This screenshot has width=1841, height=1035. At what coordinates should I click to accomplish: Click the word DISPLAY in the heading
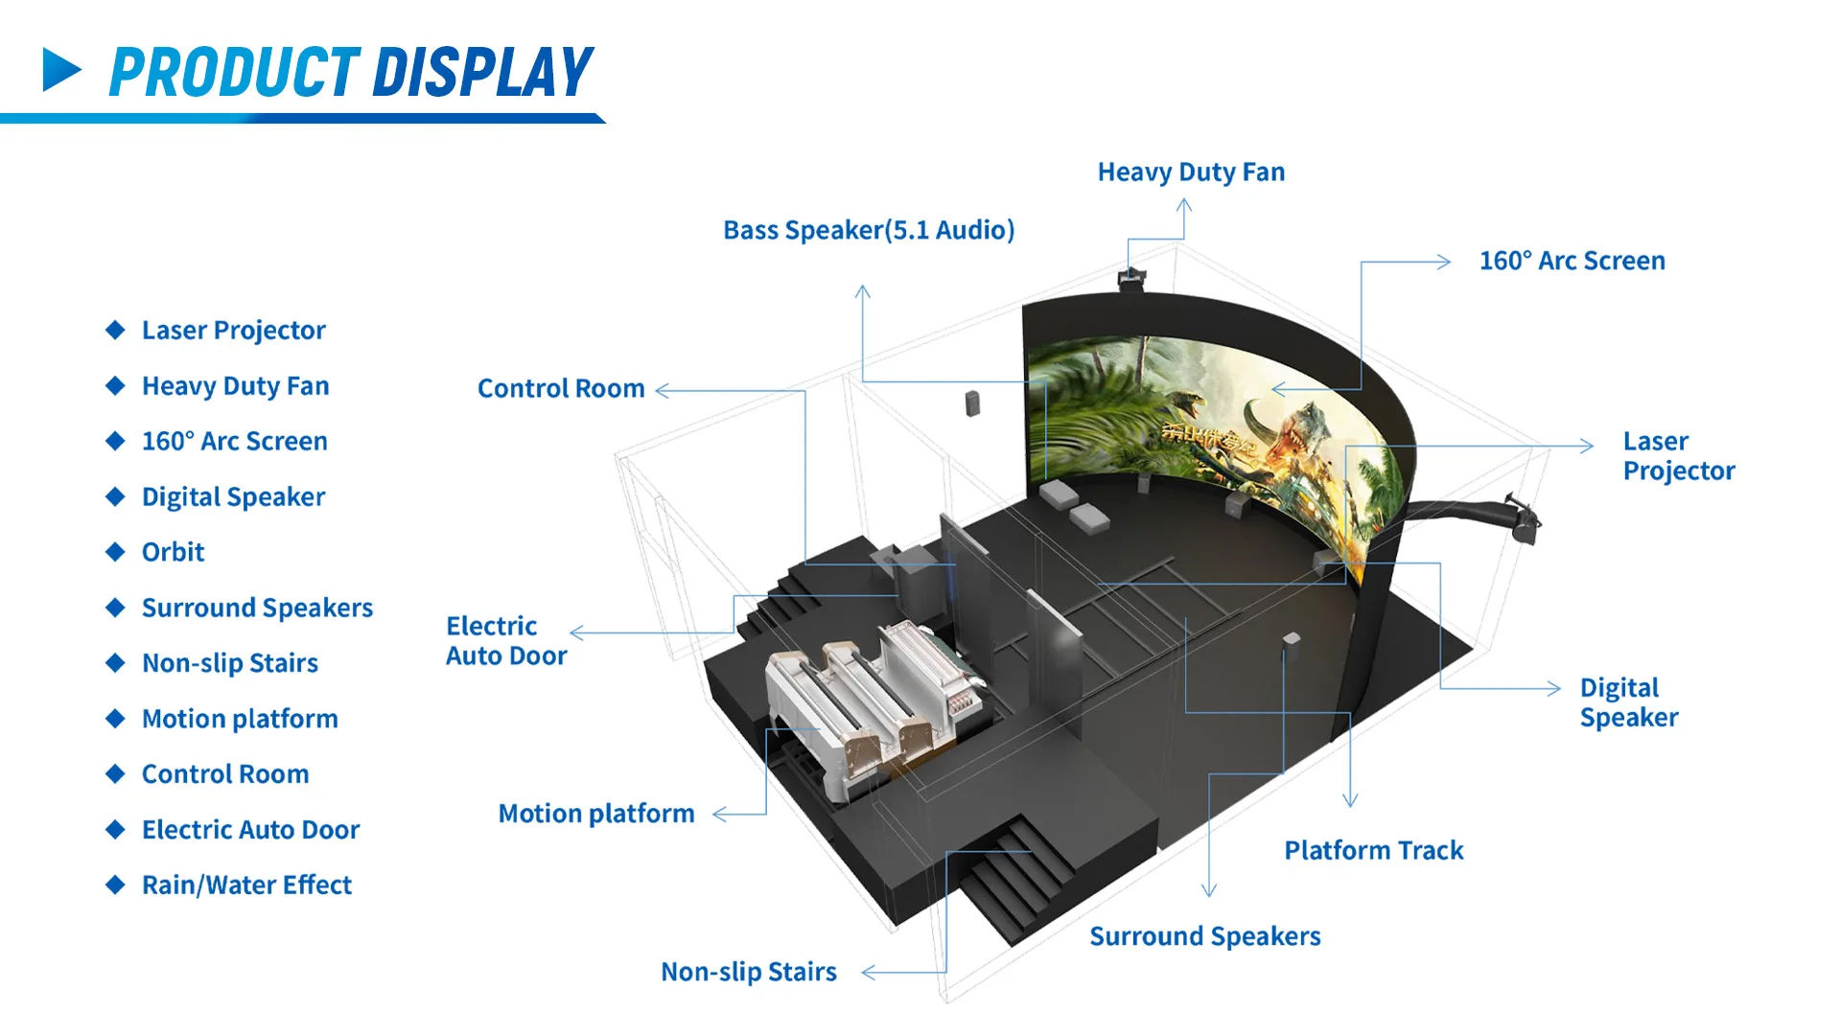482,73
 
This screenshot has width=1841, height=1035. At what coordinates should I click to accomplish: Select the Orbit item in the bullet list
173,552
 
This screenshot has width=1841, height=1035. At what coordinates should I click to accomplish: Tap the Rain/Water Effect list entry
246,885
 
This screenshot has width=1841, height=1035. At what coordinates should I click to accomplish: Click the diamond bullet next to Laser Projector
115,331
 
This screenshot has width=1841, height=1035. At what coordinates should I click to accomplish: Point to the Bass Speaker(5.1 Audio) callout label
868,230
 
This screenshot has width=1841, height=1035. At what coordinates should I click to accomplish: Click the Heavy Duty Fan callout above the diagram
1191,172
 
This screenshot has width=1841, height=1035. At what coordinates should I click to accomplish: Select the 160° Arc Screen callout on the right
1572,261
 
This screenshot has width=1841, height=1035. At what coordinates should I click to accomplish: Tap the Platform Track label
1373,850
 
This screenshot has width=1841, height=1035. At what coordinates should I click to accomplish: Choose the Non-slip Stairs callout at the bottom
748,972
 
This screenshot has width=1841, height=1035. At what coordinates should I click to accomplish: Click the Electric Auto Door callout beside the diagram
506,640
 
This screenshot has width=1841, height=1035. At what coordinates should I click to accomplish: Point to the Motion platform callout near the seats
595,814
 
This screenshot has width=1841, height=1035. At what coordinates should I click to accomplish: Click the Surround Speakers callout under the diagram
1204,936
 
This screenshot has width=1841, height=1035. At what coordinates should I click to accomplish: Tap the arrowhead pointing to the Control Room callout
662,390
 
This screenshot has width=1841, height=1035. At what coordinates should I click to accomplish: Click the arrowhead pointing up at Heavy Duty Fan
1184,204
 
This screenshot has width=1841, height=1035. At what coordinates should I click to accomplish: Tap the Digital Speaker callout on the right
1628,702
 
